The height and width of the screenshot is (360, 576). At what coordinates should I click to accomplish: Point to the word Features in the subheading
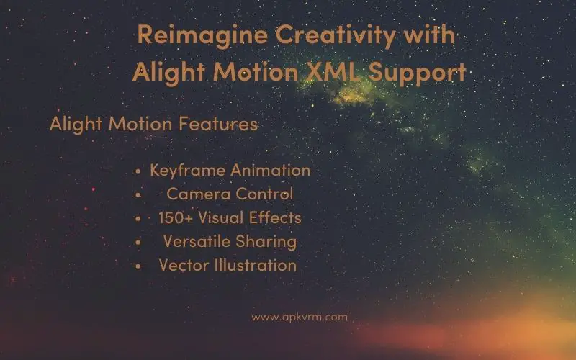coord(218,124)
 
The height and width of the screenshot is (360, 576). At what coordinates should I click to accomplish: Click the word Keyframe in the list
coord(188,171)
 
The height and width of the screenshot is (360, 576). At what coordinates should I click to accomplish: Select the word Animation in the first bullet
coord(271,171)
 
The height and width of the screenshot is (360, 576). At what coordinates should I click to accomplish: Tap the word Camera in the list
coord(199,194)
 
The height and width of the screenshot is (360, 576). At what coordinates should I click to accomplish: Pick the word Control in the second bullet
coord(264,194)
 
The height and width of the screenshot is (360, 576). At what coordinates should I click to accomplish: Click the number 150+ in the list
coord(175,218)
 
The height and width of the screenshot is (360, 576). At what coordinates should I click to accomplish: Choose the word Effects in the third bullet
coord(275,217)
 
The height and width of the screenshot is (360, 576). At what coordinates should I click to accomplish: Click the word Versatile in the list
coord(197,241)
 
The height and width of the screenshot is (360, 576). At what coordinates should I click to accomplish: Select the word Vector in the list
coord(184,265)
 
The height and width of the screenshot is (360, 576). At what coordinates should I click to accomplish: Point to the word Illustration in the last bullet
coord(256,265)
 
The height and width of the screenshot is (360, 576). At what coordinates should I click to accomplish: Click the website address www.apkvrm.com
coord(300,317)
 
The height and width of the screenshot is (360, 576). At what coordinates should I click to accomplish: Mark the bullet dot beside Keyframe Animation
coord(138,171)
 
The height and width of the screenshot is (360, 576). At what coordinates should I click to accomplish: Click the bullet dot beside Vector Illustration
coord(138,266)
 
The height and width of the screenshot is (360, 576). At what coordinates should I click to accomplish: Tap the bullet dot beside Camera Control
coord(138,195)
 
